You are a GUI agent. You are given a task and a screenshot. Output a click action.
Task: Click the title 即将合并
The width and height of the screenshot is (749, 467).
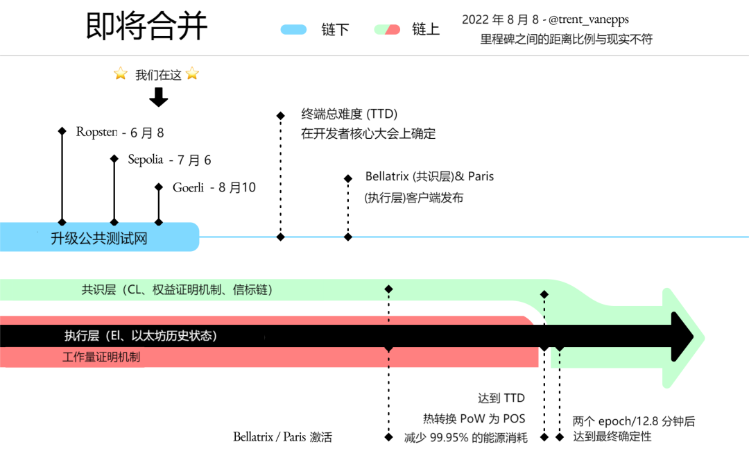tap(146, 26)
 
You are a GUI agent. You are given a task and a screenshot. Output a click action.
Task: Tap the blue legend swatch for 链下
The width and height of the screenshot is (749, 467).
tap(293, 29)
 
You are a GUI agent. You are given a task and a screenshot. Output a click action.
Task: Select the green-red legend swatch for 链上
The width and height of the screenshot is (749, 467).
tap(387, 29)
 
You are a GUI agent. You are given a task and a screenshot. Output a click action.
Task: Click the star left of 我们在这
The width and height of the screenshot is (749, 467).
tap(121, 74)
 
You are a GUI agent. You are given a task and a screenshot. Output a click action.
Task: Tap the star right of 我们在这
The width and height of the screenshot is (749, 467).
tap(192, 74)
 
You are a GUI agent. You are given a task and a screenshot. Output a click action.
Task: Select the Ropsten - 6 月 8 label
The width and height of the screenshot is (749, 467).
tap(120, 133)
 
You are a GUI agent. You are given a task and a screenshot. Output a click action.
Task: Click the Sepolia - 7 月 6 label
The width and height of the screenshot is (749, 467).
tap(169, 160)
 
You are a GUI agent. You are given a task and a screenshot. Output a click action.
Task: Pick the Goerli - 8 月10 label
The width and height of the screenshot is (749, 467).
tap(214, 187)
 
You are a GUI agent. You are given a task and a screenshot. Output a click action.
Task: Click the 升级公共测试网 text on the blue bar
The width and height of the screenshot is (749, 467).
tap(99, 239)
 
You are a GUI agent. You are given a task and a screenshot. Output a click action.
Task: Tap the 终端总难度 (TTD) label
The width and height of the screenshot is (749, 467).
tap(349, 114)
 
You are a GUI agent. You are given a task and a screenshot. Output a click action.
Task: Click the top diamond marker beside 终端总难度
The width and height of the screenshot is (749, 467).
tap(280, 116)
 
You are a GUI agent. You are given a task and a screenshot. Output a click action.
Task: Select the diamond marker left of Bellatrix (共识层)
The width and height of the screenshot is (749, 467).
tap(348, 178)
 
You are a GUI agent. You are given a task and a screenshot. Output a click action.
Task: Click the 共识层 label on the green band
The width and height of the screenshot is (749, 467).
tap(177, 290)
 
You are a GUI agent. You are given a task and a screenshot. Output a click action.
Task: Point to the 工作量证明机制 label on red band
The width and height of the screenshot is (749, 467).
tap(101, 357)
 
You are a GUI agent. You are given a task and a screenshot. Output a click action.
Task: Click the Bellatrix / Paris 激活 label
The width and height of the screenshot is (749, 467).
tap(282, 437)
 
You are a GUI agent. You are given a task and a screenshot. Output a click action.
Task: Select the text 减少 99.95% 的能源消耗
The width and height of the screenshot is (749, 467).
tap(465, 437)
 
